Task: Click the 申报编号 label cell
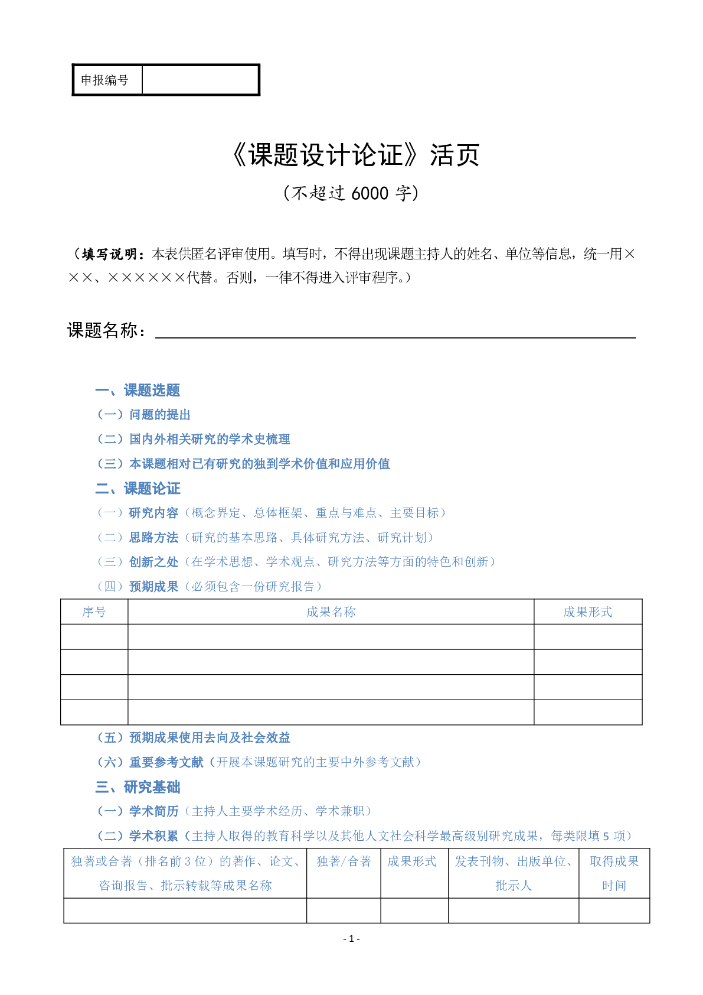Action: coord(105,80)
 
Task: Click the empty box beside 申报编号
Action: coord(200,80)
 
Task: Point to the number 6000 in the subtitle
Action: coord(370,193)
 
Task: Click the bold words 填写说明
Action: coord(109,254)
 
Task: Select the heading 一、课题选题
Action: coord(138,391)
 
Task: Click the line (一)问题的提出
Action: coord(143,415)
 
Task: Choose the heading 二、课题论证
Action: coord(138,489)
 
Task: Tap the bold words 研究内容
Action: coord(153,513)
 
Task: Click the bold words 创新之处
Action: coord(153,562)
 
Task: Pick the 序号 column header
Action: coord(94,612)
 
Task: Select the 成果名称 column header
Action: coord(331,612)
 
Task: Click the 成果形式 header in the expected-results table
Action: coord(587,612)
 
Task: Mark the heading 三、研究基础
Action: coord(138,787)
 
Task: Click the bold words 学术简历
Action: coord(153,811)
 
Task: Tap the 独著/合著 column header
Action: coord(344,861)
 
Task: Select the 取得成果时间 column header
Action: coord(614,873)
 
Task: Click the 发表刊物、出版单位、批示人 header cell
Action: coord(513,873)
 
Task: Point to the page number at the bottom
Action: coord(351,939)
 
